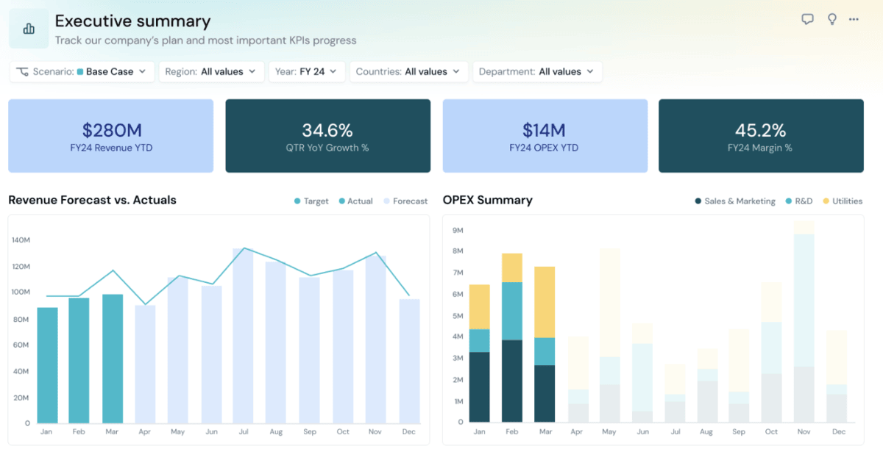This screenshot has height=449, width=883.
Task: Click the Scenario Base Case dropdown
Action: [82, 71]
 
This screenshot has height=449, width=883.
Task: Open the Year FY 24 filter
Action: [306, 71]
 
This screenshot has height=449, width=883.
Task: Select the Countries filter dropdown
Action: [408, 71]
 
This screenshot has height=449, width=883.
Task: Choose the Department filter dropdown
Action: [537, 71]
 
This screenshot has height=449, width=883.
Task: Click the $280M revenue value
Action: [111, 131]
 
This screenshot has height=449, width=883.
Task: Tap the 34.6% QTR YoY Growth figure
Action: [327, 131]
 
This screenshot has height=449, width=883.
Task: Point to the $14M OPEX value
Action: [544, 131]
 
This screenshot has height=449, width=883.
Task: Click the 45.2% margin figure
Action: [760, 131]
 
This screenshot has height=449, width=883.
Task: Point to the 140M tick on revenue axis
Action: [21, 240]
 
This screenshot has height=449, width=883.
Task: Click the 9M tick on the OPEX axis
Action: [457, 230]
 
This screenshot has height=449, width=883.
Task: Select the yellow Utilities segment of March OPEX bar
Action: [545, 302]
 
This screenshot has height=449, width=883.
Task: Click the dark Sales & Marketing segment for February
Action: [512, 381]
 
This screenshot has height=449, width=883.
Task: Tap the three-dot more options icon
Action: [854, 20]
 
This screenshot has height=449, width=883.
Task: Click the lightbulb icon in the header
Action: [832, 20]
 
